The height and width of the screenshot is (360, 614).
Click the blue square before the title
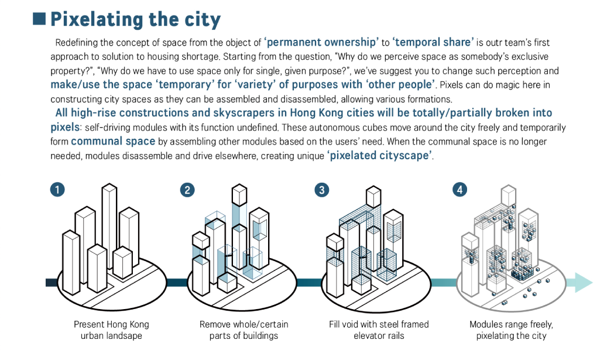(x=39, y=19)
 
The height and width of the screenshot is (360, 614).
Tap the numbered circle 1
(x=57, y=190)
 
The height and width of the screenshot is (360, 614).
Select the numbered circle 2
(x=187, y=190)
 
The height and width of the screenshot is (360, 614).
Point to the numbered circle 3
(x=321, y=190)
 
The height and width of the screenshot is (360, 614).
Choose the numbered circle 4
(x=459, y=190)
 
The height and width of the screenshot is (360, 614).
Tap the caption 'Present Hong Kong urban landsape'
(x=111, y=330)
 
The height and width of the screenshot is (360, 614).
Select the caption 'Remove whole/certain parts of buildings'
(x=243, y=330)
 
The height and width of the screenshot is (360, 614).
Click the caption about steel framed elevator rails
(x=379, y=330)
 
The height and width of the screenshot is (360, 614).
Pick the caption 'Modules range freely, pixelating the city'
(x=511, y=330)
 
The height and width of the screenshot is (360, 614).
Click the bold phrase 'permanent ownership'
(x=321, y=42)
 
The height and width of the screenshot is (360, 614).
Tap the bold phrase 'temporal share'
(x=433, y=42)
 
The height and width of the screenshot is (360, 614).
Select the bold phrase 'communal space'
(x=113, y=141)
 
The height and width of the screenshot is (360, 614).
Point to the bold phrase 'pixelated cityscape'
(x=380, y=156)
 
